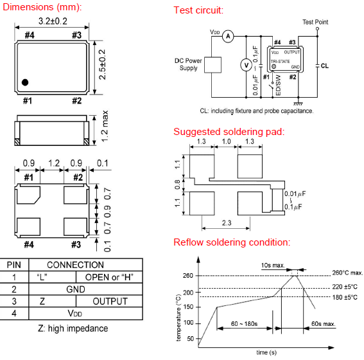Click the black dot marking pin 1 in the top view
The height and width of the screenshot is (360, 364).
coord(25,82)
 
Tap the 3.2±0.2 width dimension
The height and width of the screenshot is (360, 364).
coord(53,21)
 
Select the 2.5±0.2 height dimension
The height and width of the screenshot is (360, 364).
coord(102,64)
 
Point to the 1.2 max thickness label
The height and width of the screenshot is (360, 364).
coord(105,126)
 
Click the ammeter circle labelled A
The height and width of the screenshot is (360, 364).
coord(228,36)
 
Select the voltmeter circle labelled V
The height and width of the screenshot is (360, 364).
coord(246,66)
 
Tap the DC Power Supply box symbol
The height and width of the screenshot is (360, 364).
coord(212,65)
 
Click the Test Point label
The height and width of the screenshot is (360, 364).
coord(315,22)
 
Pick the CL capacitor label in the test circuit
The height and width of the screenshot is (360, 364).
coord(325,66)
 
